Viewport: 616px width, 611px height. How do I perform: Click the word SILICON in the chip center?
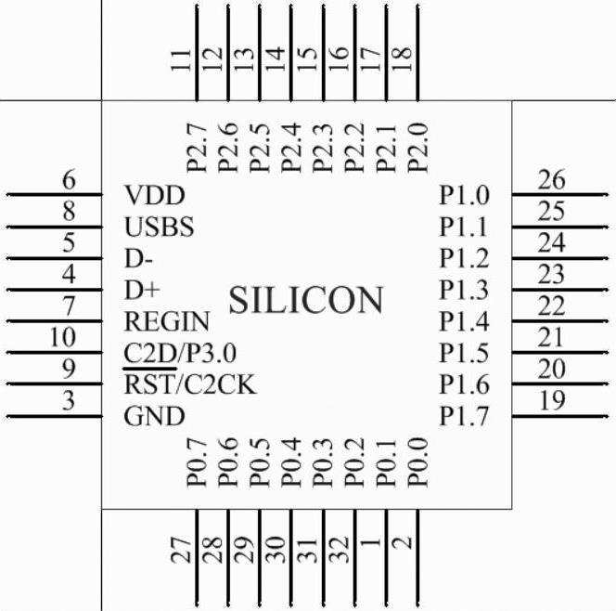[x=305, y=301]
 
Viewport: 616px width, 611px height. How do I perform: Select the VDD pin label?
[x=154, y=196]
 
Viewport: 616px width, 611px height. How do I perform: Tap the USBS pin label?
[x=159, y=227]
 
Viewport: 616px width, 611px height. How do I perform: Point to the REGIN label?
[x=167, y=322]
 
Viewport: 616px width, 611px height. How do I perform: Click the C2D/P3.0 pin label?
[x=180, y=354]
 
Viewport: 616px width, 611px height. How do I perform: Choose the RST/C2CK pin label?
[x=189, y=385]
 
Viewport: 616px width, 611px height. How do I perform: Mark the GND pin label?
[x=154, y=417]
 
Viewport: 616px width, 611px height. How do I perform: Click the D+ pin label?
[x=143, y=291]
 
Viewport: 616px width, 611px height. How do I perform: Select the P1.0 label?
[x=464, y=196]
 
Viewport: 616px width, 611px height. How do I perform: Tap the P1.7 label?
[x=464, y=417]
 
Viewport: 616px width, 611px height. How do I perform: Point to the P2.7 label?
[x=195, y=147]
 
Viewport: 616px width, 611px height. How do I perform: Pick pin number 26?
[x=551, y=180]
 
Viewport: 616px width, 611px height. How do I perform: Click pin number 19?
[x=551, y=401]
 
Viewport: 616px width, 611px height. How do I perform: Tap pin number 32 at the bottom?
[x=339, y=550]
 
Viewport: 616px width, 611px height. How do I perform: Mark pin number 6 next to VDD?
[x=68, y=180]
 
